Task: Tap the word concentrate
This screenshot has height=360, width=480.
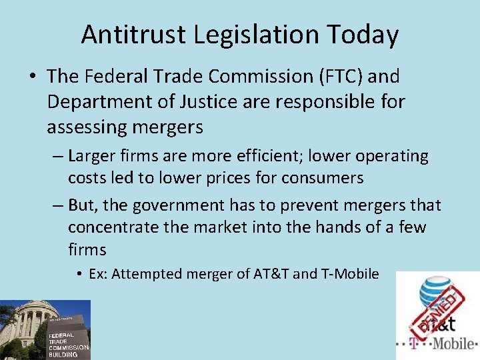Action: pyautogui.click(x=113, y=227)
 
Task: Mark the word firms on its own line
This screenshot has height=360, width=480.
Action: pyautogui.click(x=87, y=249)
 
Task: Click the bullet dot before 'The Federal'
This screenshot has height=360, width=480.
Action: pyautogui.click(x=32, y=77)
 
